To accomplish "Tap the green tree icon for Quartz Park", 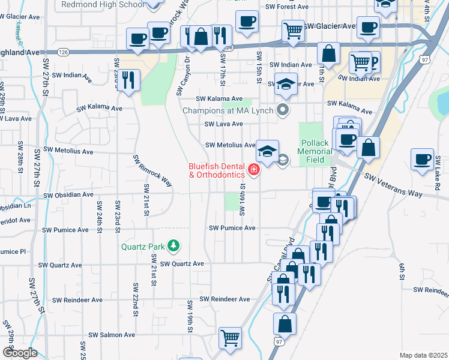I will click(x=173, y=245).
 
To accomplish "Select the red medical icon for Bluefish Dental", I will click(x=253, y=171).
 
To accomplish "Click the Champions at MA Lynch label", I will click(x=229, y=110).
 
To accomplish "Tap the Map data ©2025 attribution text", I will click(x=423, y=355).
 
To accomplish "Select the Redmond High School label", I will click(x=103, y=4).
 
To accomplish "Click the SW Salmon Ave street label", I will click(x=112, y=335).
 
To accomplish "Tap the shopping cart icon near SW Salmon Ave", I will click(x=230, y=338).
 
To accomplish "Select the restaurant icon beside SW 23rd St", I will click(x=128, y=80).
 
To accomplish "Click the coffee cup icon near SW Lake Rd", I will click(x=422, y=159).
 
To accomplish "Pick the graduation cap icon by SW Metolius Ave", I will click(x=268, y=150).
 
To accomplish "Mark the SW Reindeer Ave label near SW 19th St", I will click(x=224, y=299).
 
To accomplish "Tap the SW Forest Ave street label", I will click(x=289, y=7).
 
